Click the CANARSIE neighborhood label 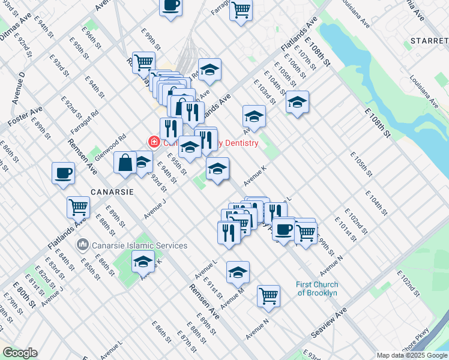pyautogui.click(x=111, y=193)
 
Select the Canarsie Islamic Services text pyautogui.click(x=139, y=245)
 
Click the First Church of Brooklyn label pyautogui.click(x=317, y=289)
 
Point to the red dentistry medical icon pyautogui.click(x=154, y=142)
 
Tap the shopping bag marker pyautogui.click(x=125, y=163)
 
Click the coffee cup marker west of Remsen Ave pyautogui.click(x=64, y=173)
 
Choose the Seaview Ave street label pyautogui.click(x=329, y=323)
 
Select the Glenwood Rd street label pyautogui.click(x=113, y=143)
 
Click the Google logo pyautogui.click(x=19, y=353)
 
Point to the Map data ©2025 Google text pyautogui.click(x=412, y=355)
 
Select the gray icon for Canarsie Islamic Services pyautogui.click(x=83, y=245)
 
